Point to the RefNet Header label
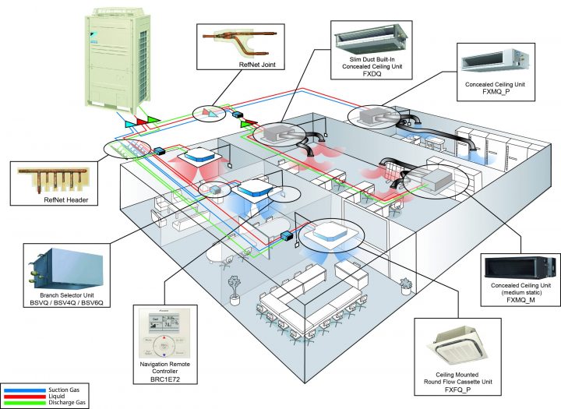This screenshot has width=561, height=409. pyautogui.click(x=66, y=199)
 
